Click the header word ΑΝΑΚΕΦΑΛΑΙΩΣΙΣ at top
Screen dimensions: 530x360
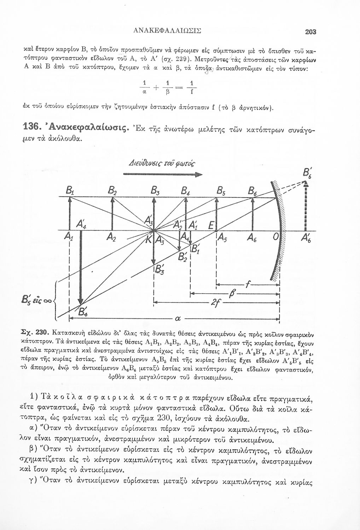[x=173, y=31]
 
